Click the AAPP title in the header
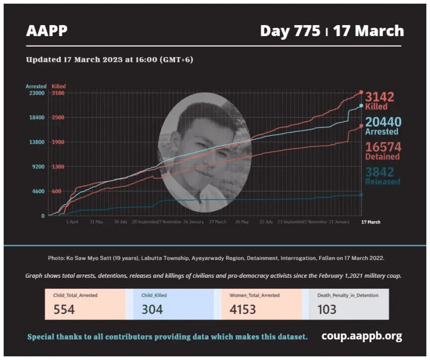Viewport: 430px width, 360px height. point(47,31)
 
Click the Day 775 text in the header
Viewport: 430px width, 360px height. point(290,31)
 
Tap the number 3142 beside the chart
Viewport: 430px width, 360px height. point(379,96)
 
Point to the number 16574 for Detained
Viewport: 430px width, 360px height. point(382,147)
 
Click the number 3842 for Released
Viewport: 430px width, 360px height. point(379,172)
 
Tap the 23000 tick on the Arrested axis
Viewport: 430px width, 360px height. point(36,93)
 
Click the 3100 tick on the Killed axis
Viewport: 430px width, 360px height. point(58,93)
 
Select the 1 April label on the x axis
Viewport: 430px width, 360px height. point(72,222)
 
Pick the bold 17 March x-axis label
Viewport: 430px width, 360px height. point(371,222)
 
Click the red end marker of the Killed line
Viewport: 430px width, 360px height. point(361,92)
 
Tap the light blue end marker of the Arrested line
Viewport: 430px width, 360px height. point(361,105)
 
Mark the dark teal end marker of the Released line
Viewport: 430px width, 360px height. point(361,195)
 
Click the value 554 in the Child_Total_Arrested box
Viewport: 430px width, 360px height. point(64,309)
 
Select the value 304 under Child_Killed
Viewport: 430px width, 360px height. point(152,309)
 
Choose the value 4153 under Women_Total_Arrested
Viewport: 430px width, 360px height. point(243,309)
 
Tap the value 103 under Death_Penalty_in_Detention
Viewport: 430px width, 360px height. point(327,309)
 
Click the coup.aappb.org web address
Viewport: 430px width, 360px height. point(362,336)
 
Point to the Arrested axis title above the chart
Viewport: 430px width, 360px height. point(36,86)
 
